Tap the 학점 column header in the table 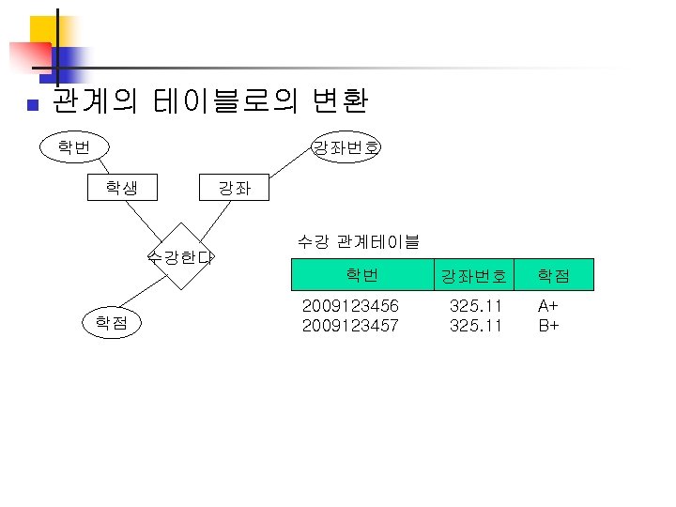pos(553,276)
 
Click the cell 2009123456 pos(350,306)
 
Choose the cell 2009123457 pos(350,326)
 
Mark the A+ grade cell pos(548,306)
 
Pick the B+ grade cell pos(548,326)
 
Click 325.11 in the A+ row pos(475,306)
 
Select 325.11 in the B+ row pos(475,326)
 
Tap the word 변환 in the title pos(335,100)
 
